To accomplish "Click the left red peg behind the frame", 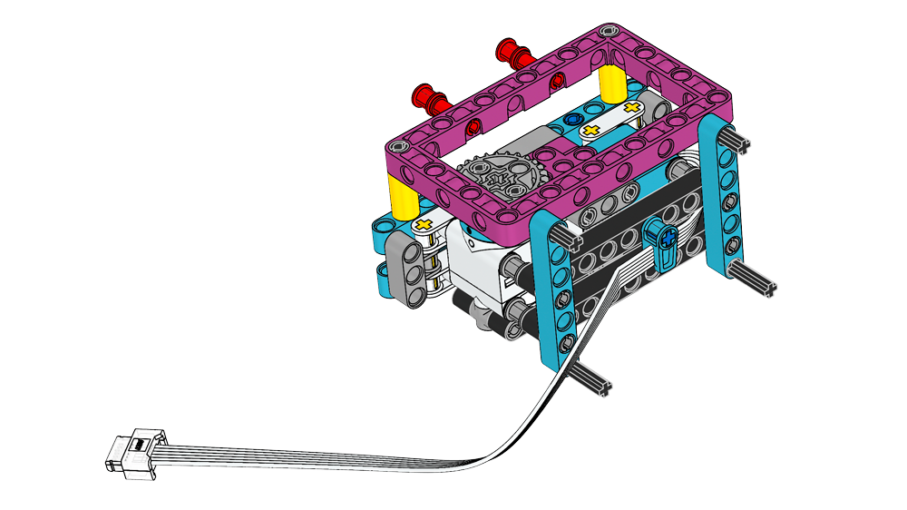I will click(427, 94).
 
